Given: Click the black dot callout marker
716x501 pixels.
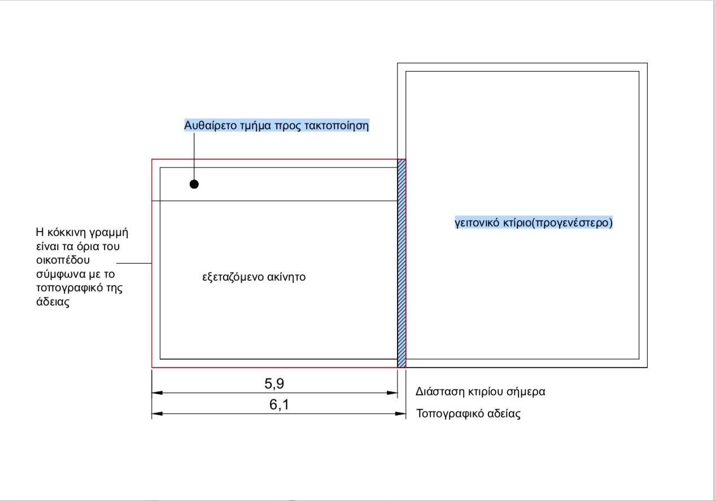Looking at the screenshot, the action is [x=194, y=184].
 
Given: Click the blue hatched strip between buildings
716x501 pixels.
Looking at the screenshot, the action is [x=401, y=263].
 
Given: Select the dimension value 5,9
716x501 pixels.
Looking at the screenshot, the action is [x=274, y=384].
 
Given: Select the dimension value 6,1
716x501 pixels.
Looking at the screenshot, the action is [x=279, y=404].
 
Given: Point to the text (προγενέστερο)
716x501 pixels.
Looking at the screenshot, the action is [x=572, y=223].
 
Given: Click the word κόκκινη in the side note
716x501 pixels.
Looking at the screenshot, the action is [x=67, y=233].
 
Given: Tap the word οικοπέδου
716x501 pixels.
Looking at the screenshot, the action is [x=63, y=260].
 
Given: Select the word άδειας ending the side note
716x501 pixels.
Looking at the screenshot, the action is [x=53, y=302].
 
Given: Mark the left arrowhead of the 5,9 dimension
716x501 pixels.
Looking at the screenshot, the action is [x=157, y=393].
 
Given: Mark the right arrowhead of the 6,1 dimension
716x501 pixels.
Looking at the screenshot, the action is [x=400, y=413].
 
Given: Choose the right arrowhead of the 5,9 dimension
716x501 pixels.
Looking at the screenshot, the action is [x=392, y=393].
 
